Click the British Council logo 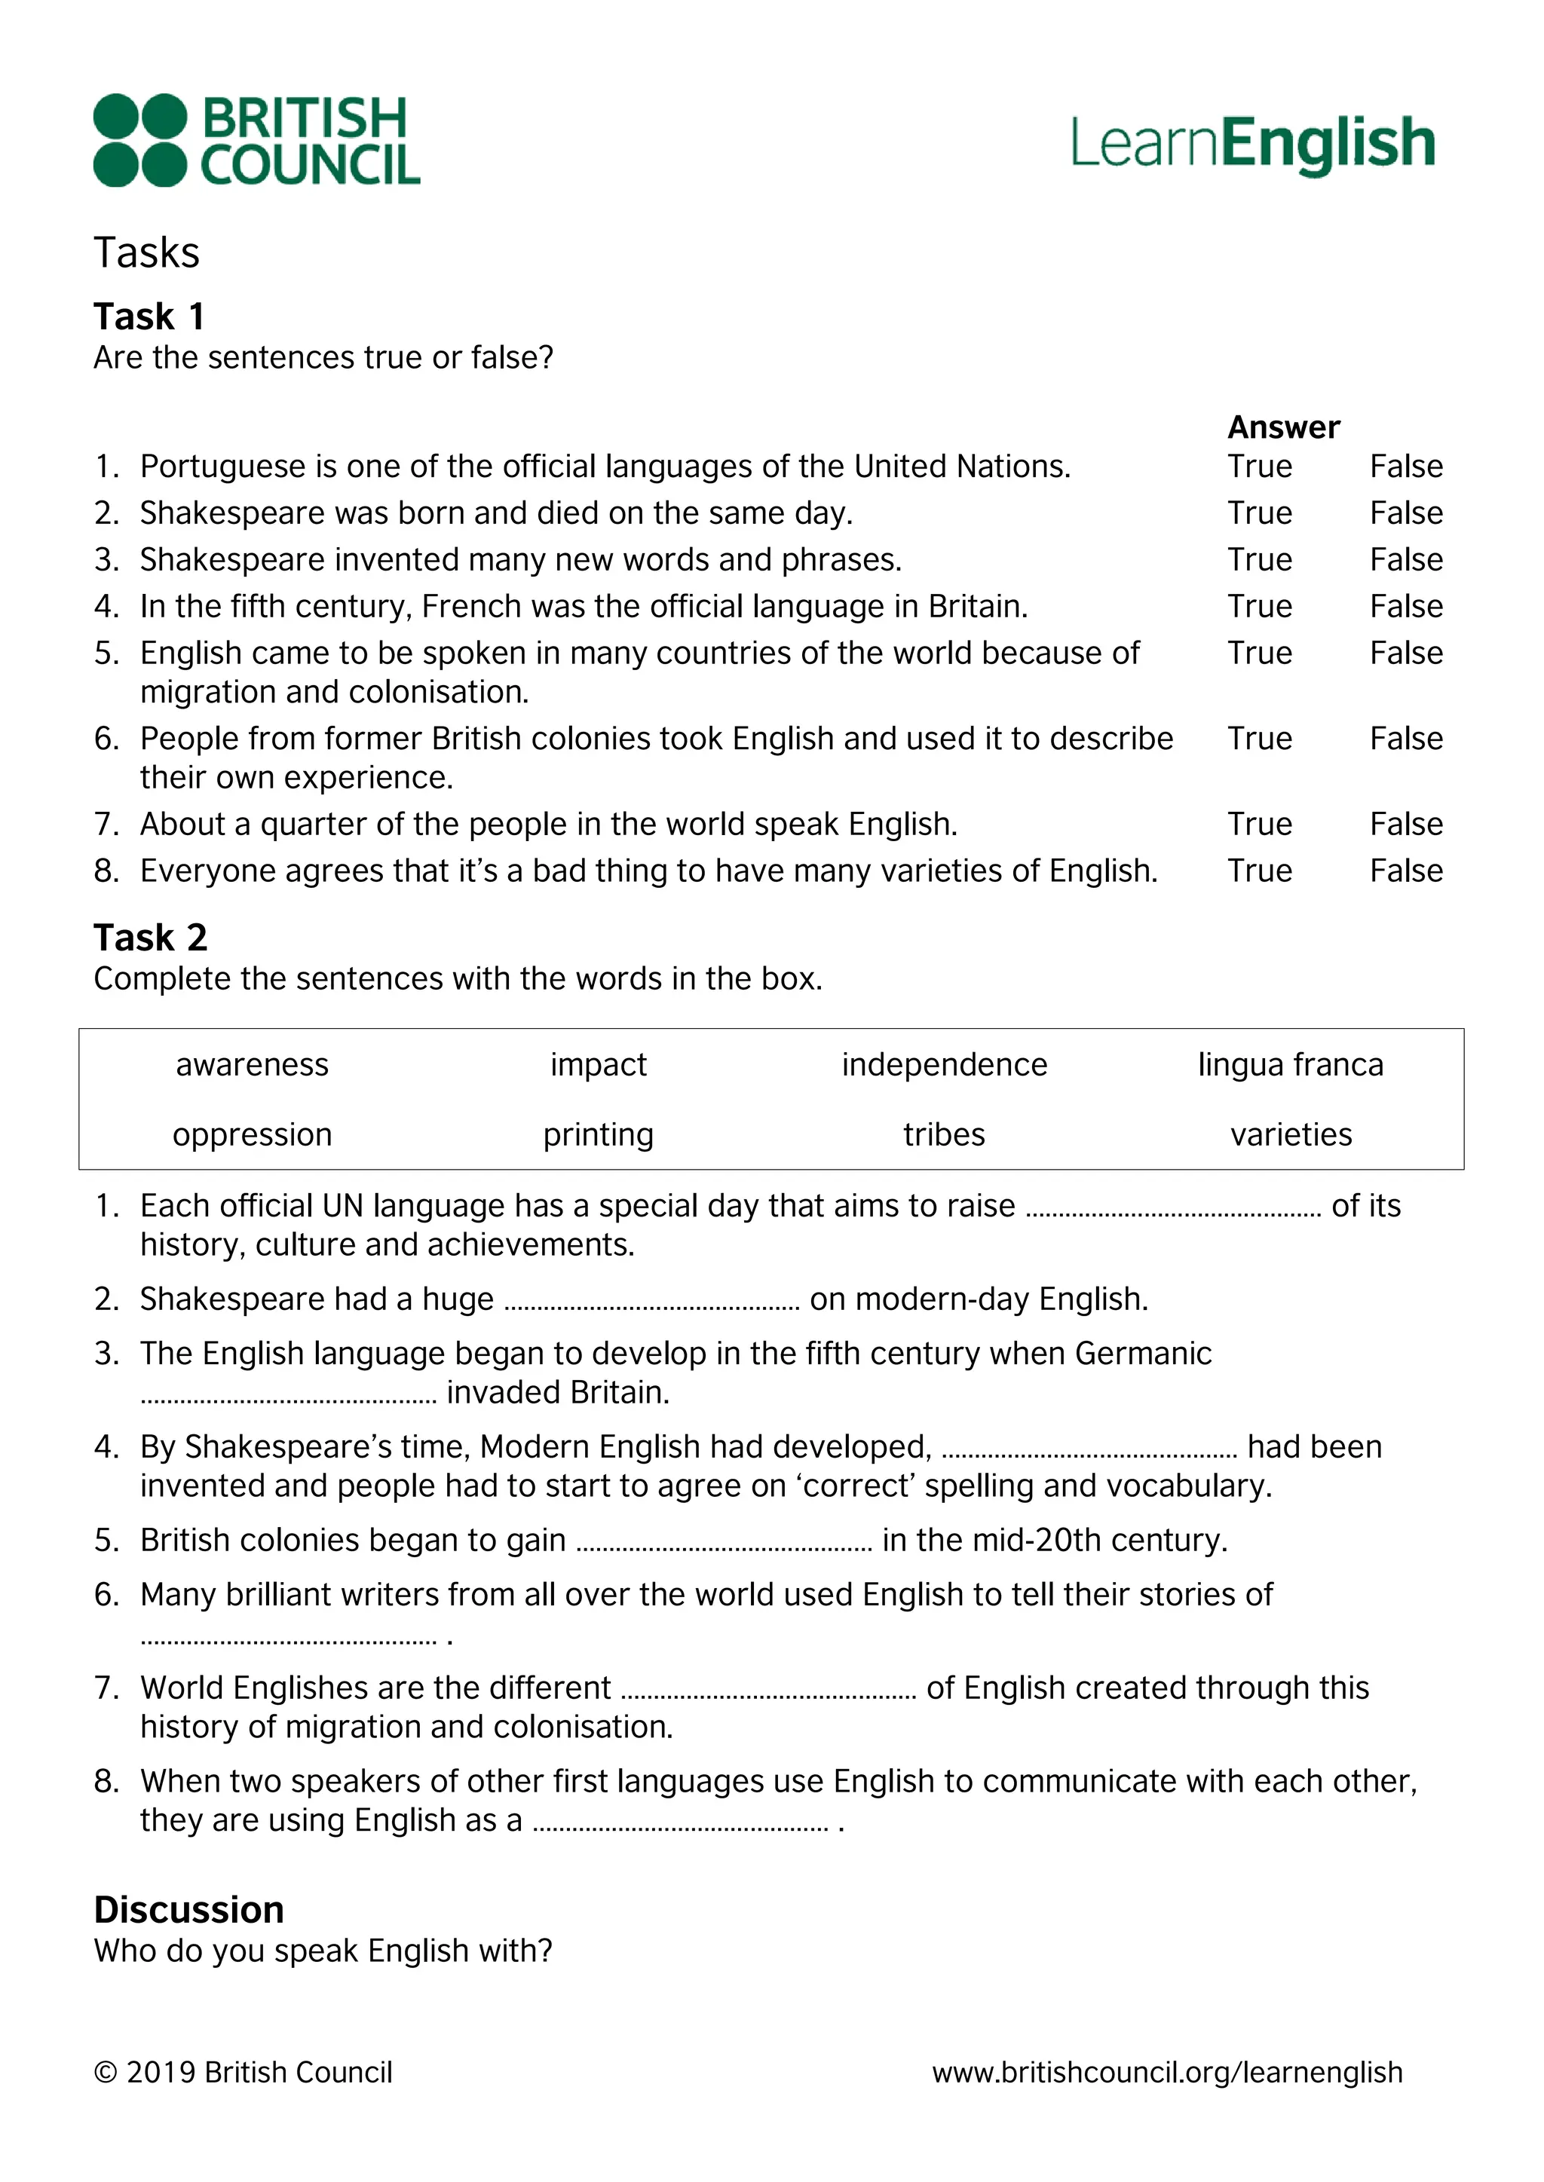256,141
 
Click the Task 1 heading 149,317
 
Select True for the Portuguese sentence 1259,467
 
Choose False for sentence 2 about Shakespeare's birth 1405,513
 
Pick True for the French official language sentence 1259,606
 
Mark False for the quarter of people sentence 1405,824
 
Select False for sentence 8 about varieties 1405,871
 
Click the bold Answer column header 1282,427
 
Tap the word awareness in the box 252,1065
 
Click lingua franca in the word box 1290,1065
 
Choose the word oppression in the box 252,1135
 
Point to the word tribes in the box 944,1135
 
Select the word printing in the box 598,1135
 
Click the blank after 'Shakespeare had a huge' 651,1301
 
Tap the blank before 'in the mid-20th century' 724,1542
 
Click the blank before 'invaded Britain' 288,1394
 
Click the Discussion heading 189,1910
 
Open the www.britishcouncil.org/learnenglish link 1166,2073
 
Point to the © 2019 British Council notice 244,2073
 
